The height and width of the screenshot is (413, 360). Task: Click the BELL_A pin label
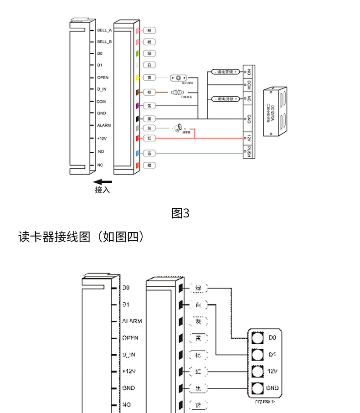[x=104, y=30]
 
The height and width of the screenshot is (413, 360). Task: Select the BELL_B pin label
[x=104, y=42]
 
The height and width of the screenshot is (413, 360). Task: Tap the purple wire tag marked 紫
[x=149, y=106]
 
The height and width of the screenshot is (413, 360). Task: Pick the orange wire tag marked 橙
[x=149, y=165]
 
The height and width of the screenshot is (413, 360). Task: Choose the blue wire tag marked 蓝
[x=149, y=154]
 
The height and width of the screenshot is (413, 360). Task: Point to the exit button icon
[x=179, y=78]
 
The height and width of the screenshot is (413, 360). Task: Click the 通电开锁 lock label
[x=225, y=72]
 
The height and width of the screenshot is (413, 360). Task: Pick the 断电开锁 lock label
[x=225, y=98]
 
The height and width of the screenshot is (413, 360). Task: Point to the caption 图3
[x=180, y=213]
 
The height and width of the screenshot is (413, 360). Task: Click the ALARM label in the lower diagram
[x=132, y=321]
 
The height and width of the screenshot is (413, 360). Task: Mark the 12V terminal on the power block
[x=249, y=138]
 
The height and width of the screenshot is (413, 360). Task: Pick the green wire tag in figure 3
[x=149, y=54]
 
